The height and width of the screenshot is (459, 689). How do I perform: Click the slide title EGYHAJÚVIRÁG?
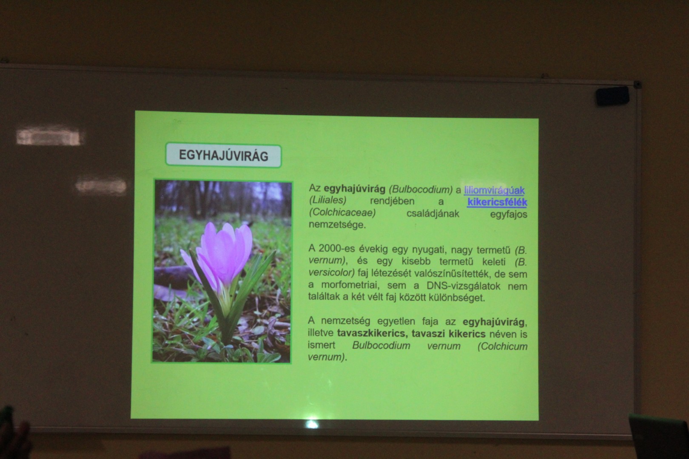pos(223,156)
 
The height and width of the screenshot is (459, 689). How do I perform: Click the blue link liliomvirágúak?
pos(494,190)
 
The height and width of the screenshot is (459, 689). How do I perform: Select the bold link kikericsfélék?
pos(497,202)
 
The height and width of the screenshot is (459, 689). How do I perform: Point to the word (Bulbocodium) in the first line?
pos(421,190)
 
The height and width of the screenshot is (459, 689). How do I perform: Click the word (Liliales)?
pos(327,200)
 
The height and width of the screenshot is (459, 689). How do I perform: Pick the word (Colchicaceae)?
pos(342,212)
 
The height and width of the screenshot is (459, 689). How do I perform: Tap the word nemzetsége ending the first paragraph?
pos(337,225)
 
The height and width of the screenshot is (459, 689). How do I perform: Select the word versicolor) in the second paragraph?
pos(332,272)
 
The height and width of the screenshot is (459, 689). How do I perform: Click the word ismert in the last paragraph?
pos(322,345)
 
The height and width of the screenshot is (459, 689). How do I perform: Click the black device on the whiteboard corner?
pos(613,96)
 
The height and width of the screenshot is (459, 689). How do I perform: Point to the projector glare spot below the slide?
pos(312,424)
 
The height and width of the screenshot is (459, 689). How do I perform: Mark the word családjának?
pos(433,213)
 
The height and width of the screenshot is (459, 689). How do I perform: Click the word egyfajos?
pos(509,214)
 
